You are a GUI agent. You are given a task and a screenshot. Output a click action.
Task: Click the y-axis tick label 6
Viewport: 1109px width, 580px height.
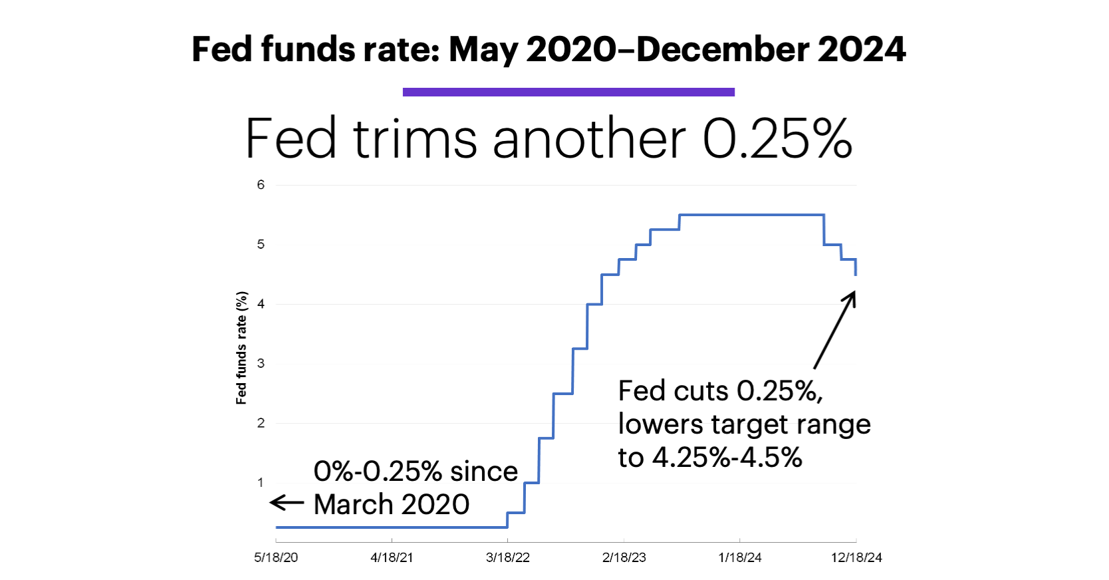[x=261, y=185]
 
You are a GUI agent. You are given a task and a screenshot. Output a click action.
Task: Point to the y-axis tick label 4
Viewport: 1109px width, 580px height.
[x=261, y=304]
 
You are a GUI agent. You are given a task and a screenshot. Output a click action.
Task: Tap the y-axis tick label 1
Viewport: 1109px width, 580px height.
[x=261, y=482]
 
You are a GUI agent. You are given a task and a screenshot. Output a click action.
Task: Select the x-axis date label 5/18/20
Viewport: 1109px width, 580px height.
[x=276, y=557]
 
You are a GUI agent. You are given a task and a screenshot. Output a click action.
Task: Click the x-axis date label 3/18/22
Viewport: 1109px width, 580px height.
[x=508, y=557]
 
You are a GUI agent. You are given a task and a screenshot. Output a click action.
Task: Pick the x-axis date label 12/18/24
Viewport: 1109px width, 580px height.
[x=856, y=557]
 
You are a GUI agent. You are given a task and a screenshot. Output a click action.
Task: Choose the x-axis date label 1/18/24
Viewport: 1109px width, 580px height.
[x=740, y=557]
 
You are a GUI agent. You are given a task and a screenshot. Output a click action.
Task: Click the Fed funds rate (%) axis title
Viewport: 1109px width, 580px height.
[x=241, y=348]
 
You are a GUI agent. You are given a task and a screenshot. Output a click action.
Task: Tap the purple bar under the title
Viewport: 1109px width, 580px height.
[x=568, y=92]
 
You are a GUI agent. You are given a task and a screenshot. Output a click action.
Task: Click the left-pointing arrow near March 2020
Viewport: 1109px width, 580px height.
[x=287, y=503]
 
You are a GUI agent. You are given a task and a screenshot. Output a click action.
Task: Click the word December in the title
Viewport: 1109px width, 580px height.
[x=722, y=50]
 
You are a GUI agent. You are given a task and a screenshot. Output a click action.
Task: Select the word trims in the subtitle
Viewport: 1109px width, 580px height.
[x=415, y=139]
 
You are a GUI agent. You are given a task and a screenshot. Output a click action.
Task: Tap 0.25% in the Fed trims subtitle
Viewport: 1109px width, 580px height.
[x=777, y=139]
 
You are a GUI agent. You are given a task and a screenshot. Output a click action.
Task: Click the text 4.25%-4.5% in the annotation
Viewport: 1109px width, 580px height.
[x=727, y=458]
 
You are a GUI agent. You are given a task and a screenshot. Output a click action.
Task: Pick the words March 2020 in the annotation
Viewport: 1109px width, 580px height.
[x=392, y=504]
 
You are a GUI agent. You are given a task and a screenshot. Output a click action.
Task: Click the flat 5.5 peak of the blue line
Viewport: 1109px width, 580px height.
[x=751, y=215]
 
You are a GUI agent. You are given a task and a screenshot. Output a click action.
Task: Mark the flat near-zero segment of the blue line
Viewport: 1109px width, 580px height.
[x=392, y=527]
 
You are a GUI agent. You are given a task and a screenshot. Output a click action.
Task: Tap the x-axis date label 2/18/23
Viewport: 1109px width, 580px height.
[x=624, y=557]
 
